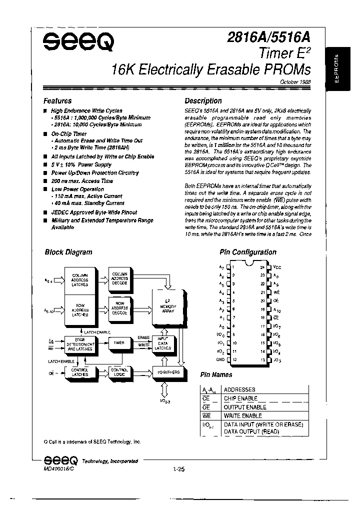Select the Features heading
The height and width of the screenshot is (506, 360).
tap(57, 100)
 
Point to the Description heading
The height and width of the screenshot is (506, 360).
tap(203, 100)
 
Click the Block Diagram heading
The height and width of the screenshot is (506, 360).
tap(68, 252)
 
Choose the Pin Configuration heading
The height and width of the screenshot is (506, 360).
tap(247, 252)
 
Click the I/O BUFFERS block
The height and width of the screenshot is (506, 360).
tap(167, 372)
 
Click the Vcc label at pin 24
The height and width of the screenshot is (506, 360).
tap(277, 267)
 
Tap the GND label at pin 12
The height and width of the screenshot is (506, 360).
tap(220, 359)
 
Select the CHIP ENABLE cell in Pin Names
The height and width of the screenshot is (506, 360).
tap(240, 398)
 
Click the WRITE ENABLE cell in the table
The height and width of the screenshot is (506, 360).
tap(242, 415)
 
